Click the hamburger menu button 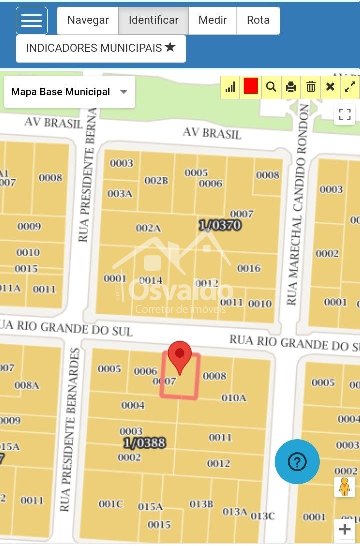(x=32, y=21)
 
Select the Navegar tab (x=88, y=20)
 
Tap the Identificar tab (x=153, y=20)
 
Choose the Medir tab (x=212, y=20)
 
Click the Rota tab (x=258, y=20)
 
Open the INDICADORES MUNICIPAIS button (x=101, y=48)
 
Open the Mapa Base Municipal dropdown (x=69, y=92)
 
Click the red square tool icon (x=251, y=87)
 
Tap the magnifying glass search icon (x=271, y=87)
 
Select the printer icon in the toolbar (x=291, y=87)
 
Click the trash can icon (x=311, y=87)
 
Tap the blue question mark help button (x=297, y=462)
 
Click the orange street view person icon (x=344, y=487)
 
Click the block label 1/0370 (x=220, y=226)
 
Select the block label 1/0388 (x=144, y=443)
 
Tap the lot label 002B (x=156, y=181)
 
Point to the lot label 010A (x=234, y=398)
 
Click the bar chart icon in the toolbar (x=230, y=87)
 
